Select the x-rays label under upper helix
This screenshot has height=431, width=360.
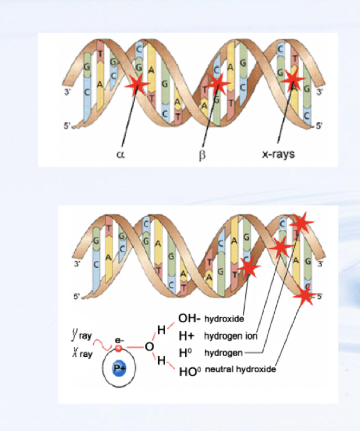click(x=278, y=154)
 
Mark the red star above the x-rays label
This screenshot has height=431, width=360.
click(x=292, y=81)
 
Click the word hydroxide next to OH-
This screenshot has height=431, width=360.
click(x=223, y=319)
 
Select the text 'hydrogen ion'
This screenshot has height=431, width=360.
click(x=228, y=336)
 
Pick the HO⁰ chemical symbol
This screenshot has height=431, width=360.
click(x=190, y=370)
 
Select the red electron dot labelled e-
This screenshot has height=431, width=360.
click(x=119, y=348)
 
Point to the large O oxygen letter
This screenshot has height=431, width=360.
click(x=149, y=347)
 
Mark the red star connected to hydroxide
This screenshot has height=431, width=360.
click(x=248, y=268)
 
